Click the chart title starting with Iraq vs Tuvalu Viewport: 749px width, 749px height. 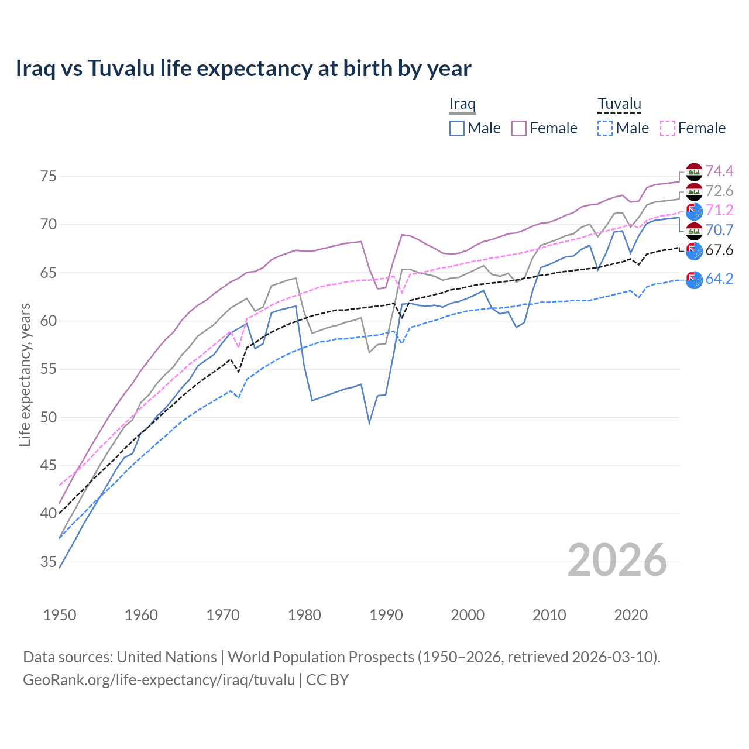pos(243,68)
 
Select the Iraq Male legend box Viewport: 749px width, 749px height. pos(457,128)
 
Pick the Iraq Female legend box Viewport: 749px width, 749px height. pos(519,128)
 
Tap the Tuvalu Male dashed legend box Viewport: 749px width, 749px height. pos(605,128)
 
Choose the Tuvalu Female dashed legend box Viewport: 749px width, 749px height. pos(668,128)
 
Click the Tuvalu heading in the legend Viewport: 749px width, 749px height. pos(619,104)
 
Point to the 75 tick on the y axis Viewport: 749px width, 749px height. pos(49,176)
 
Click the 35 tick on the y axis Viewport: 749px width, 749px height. pos(49,562)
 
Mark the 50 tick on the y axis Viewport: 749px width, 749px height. pos(49,417)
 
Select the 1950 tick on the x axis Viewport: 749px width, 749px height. pos(60,615)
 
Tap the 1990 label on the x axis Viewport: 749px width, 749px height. pos(386,615)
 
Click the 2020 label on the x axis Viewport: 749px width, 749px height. pos(631,615)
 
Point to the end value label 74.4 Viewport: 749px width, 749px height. pos(719,171)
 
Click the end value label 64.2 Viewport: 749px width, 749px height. pos(719,279)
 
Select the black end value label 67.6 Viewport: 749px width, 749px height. pos(719,250)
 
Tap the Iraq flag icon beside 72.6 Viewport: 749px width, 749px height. pos(694,191)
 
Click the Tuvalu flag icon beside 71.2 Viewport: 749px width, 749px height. pos(694,211)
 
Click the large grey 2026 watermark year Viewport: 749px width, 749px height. pos(617,560)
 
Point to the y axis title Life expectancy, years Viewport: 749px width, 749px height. pos(25,374)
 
